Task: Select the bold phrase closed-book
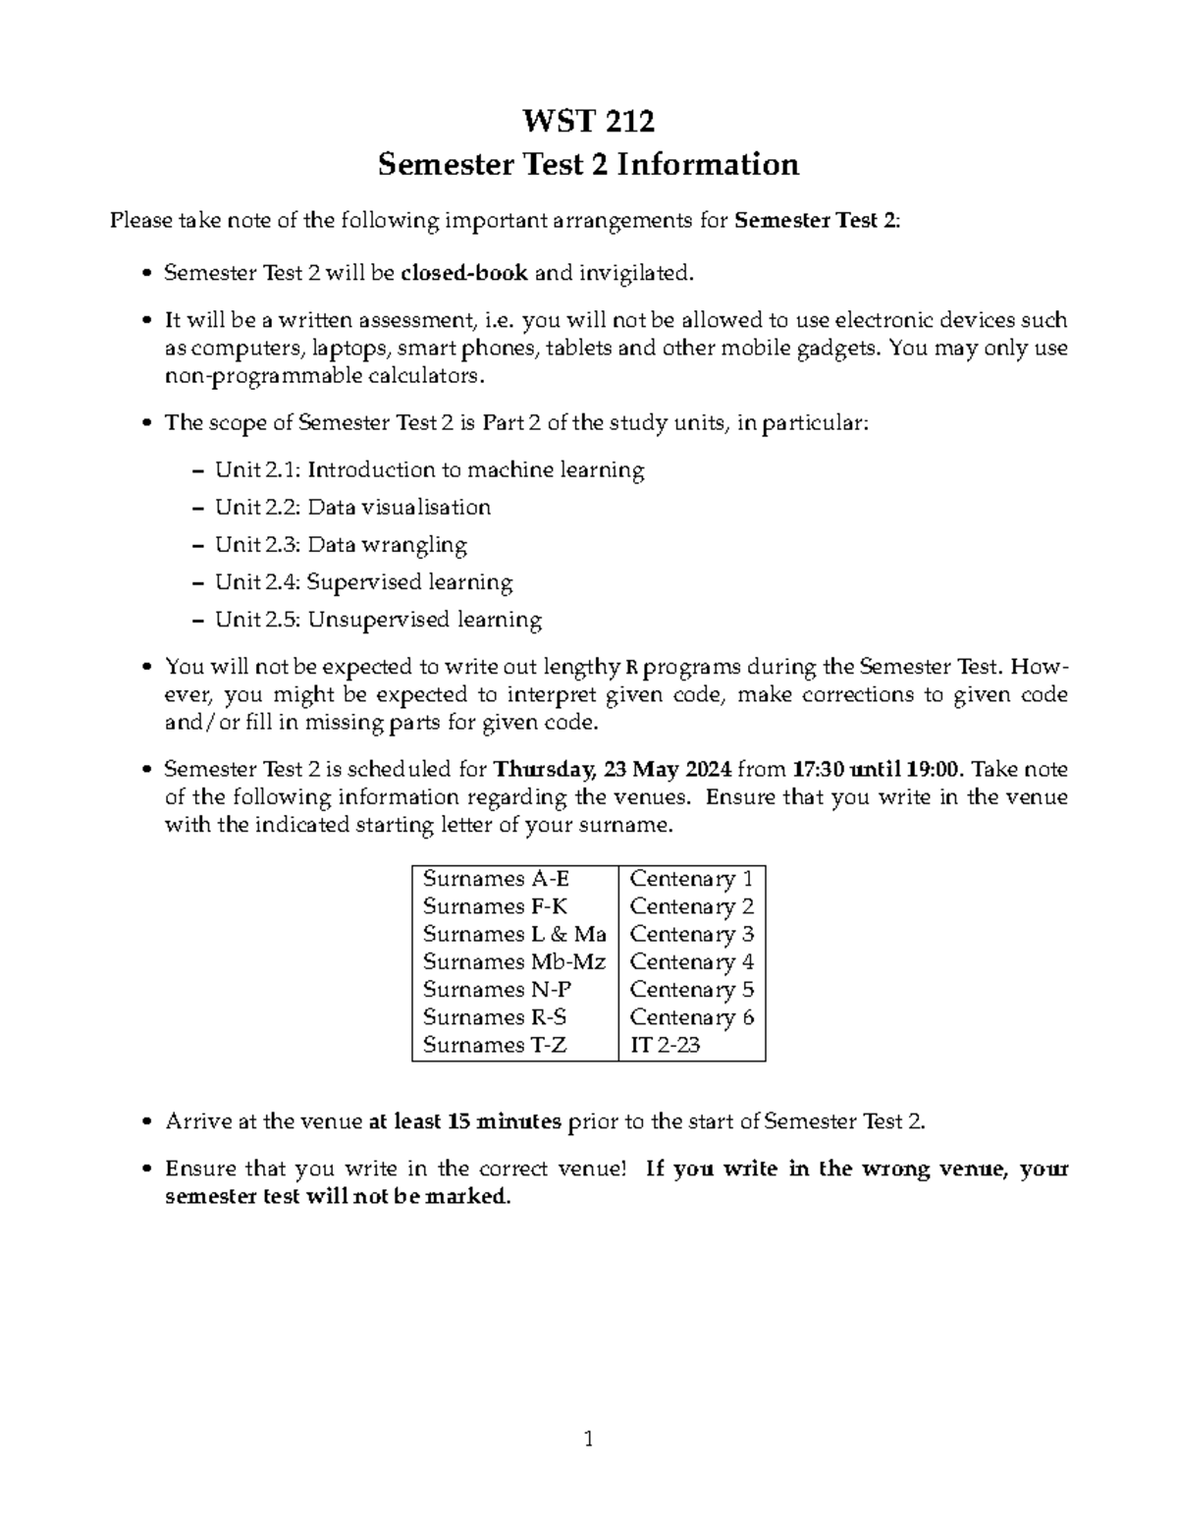(x=464, y=273)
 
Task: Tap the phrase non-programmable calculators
(x=324, y=376)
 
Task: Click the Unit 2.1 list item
(x=430, y=470)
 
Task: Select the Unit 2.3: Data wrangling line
(x=341, y=545)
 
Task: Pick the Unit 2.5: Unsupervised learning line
(x=378, y=620)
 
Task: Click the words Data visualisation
(x=399, y=508)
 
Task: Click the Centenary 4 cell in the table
(x=691, y=962)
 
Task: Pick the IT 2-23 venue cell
(x=665, y=1045)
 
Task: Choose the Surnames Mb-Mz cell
(x=514, y=962)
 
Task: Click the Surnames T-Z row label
(x=495, y=1045)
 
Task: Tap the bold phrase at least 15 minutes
(x=464, y=1121)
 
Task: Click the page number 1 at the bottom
(x=589, y=1441)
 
